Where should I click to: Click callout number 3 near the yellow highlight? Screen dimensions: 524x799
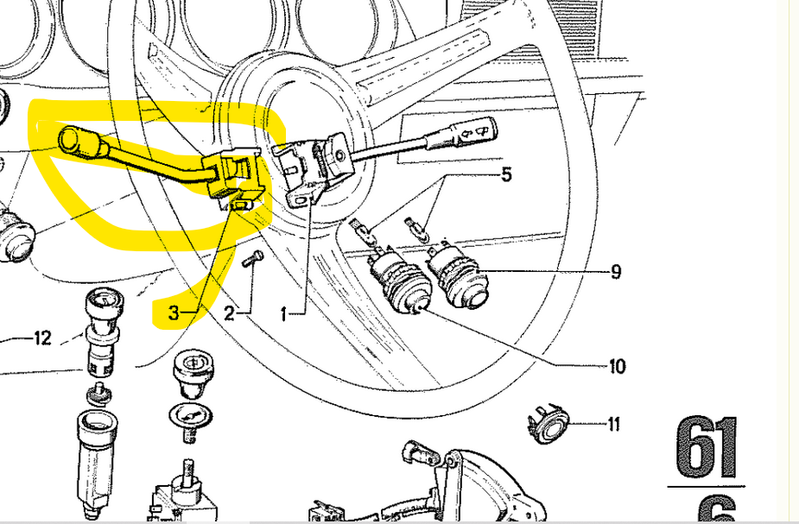(x=174, y=313)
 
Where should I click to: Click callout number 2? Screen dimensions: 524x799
(x=229, y=313)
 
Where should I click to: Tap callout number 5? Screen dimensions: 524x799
(x=506, y=174)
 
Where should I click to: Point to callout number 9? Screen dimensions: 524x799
(x=615, y=272)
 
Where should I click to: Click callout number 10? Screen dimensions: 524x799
(x=617, y=367)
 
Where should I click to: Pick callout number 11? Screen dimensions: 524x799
(x=613, y=424)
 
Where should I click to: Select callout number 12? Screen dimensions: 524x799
(x=42, y=338)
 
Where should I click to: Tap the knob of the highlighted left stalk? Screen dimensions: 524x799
(x=78, y=141)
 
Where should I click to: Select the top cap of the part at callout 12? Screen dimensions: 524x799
(x=102, y=302)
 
